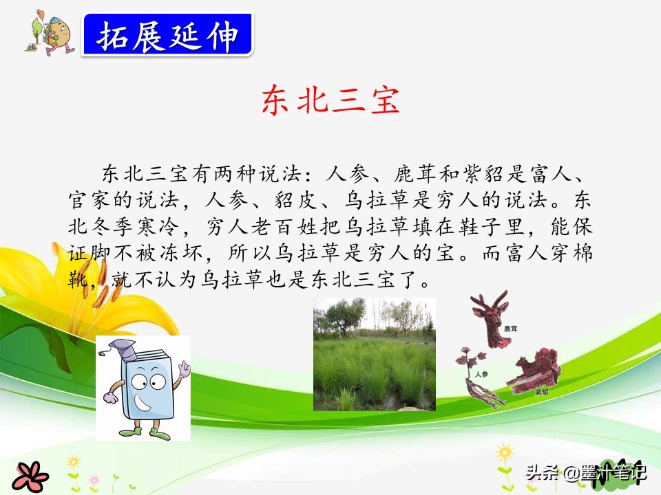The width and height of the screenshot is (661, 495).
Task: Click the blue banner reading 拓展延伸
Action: pos(167,34)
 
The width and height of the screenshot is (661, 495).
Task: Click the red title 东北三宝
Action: pos(330,102)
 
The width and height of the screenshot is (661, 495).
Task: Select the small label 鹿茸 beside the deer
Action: pos(510,329)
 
